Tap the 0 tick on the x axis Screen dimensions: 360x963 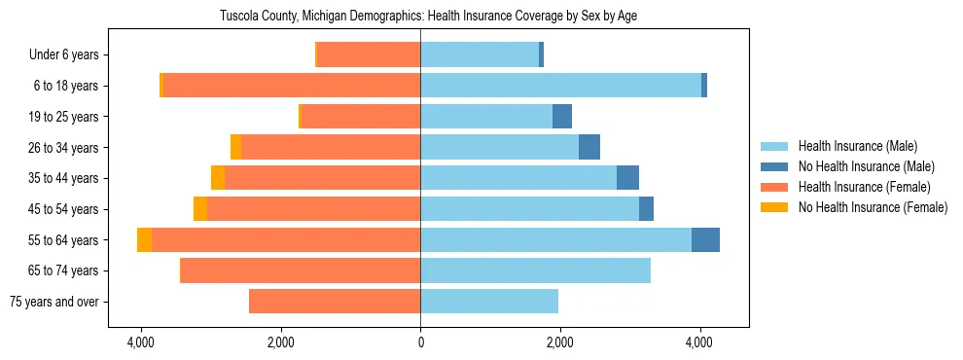pos(420,342)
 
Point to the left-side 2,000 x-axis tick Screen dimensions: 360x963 pos(280,342)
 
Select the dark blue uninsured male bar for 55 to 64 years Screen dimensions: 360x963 pos(705,240)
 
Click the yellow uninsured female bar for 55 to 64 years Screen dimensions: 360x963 pos(144,240)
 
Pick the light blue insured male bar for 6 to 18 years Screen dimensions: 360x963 pos(560,86)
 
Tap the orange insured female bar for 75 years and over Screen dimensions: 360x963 pos(335,302)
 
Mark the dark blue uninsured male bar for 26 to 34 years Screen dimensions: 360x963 pos(589,148)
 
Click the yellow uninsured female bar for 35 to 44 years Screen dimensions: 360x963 pos(218,178)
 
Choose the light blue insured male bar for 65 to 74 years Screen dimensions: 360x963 pos(535,270)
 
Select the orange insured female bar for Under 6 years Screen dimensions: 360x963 pos(369,55)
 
